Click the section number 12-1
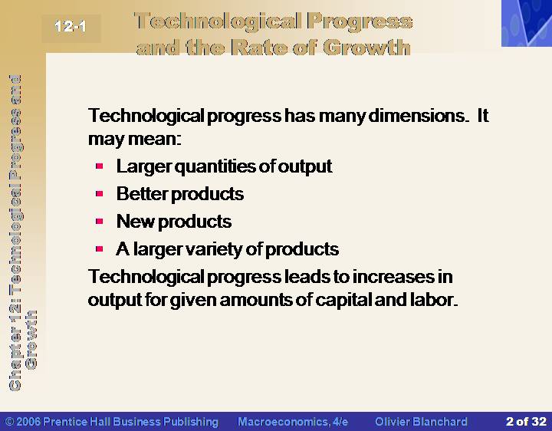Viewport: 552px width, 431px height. coord(71,26)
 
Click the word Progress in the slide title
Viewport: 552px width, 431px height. coord(360,21)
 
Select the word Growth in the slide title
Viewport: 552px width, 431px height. coord(366,48)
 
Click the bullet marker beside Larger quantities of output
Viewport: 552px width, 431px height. coord(99,166)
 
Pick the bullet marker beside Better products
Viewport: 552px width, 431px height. coord(99,193)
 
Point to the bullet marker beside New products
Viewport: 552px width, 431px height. coord(99,221)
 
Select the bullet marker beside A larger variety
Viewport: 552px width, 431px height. coord(99,249)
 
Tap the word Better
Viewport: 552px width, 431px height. coord(143,194)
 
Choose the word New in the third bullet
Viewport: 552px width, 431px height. coord(136,222)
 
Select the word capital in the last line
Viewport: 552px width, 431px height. coord(343,300)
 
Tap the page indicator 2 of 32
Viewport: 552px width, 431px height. coord(526,422)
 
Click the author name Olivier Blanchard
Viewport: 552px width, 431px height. coord(421,422)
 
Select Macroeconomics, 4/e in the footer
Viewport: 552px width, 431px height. coord(293,422)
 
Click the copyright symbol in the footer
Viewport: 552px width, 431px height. coord(10,422)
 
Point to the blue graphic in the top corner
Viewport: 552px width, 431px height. coord(527,23)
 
